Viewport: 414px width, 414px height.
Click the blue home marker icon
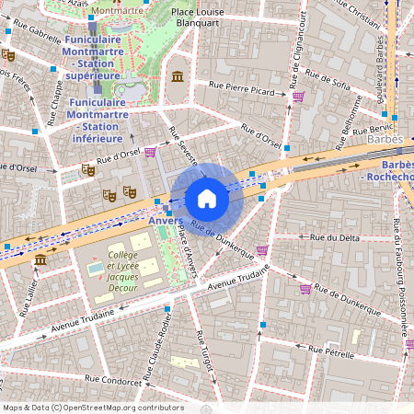pyautogui.click(x=207, y=199)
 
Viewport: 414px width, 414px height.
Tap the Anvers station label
pyautogui.click(x=163, y=221)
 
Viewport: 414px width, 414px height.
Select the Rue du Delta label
pyautogui.click(x=335, y=237)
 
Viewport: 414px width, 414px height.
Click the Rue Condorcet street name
pyautogui.click(x=114, y=378)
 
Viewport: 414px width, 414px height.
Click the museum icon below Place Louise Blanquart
pyautogui.click(x=177, y=75)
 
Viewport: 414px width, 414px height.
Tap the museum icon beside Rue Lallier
pyautogui.click(x=40, y=261)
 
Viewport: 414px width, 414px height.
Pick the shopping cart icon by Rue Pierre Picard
pyautogui.click(x=298, y=96)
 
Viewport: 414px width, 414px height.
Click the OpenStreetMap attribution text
pyautogui.click(x=93, y=408)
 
